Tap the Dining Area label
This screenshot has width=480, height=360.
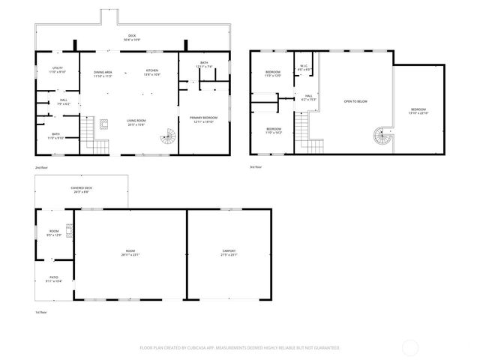pyautogui.click(x=103, y=74)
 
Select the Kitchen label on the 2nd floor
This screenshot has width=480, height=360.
pyautogui.click(x=152, y=74)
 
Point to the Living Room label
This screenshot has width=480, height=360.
pyautogui.click(x=136, y=123)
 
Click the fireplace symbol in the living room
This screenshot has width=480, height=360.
pyautogui.click(x=105, y=124)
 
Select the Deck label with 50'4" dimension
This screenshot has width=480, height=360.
pyautogui.click(x=131, y=37)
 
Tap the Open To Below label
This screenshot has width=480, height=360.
pyautogui.click(x=355, y=100)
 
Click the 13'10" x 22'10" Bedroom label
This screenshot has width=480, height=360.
pyautogui.click(x=418, y=111)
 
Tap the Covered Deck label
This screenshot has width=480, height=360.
pyautogui.click(x=82, y=190)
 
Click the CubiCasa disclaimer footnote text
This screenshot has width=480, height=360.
pyautogui.click(x=240, y=347)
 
